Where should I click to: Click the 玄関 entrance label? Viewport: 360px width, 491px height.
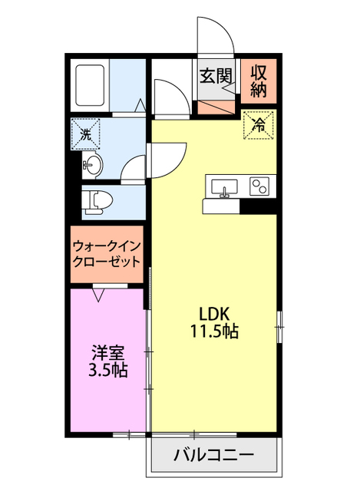coord(216,75)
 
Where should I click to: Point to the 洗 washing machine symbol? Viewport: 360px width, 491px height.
coord(85,132)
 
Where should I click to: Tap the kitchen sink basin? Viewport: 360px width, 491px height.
coord(224,186)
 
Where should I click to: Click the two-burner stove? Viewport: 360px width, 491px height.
coord(259,186)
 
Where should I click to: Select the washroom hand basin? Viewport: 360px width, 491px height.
coord(92,163)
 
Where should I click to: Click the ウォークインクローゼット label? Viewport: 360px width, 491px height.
coord(107,253)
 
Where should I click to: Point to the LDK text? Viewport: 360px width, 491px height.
coord(215,314)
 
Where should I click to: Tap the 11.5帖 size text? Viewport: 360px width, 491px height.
coord(215,332)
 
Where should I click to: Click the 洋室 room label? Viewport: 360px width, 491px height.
coord(108,353)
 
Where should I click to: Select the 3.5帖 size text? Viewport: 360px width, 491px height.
coord(108,371)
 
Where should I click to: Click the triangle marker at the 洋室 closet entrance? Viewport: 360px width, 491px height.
coord(99,293)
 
